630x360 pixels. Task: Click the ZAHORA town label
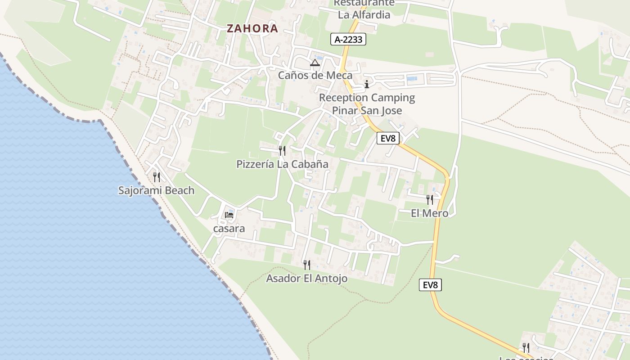(252, 28)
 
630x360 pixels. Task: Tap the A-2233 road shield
(348, 40)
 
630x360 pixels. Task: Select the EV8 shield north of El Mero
(388, 138)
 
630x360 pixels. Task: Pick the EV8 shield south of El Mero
(431, 285)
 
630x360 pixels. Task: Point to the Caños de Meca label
(315, 75)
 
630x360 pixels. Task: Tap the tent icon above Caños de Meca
(315, 63)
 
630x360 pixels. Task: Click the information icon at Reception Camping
(367, 84)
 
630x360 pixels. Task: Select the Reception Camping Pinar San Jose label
(367, 104)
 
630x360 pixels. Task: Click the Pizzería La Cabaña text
(283, 164)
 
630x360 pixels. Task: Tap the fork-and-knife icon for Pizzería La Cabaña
(282, 150)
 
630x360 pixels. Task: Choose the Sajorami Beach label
(156, 190)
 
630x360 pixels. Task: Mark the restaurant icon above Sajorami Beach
(156, 177)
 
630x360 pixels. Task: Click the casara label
(229, 229)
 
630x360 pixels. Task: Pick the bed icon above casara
(229, 215)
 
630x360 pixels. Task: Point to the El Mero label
(430, 213)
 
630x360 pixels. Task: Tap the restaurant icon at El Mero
(430, 200)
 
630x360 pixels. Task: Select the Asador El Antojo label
(307, 279)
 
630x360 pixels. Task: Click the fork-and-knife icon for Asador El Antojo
(307, 265)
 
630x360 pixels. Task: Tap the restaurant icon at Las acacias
(526, 347)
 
